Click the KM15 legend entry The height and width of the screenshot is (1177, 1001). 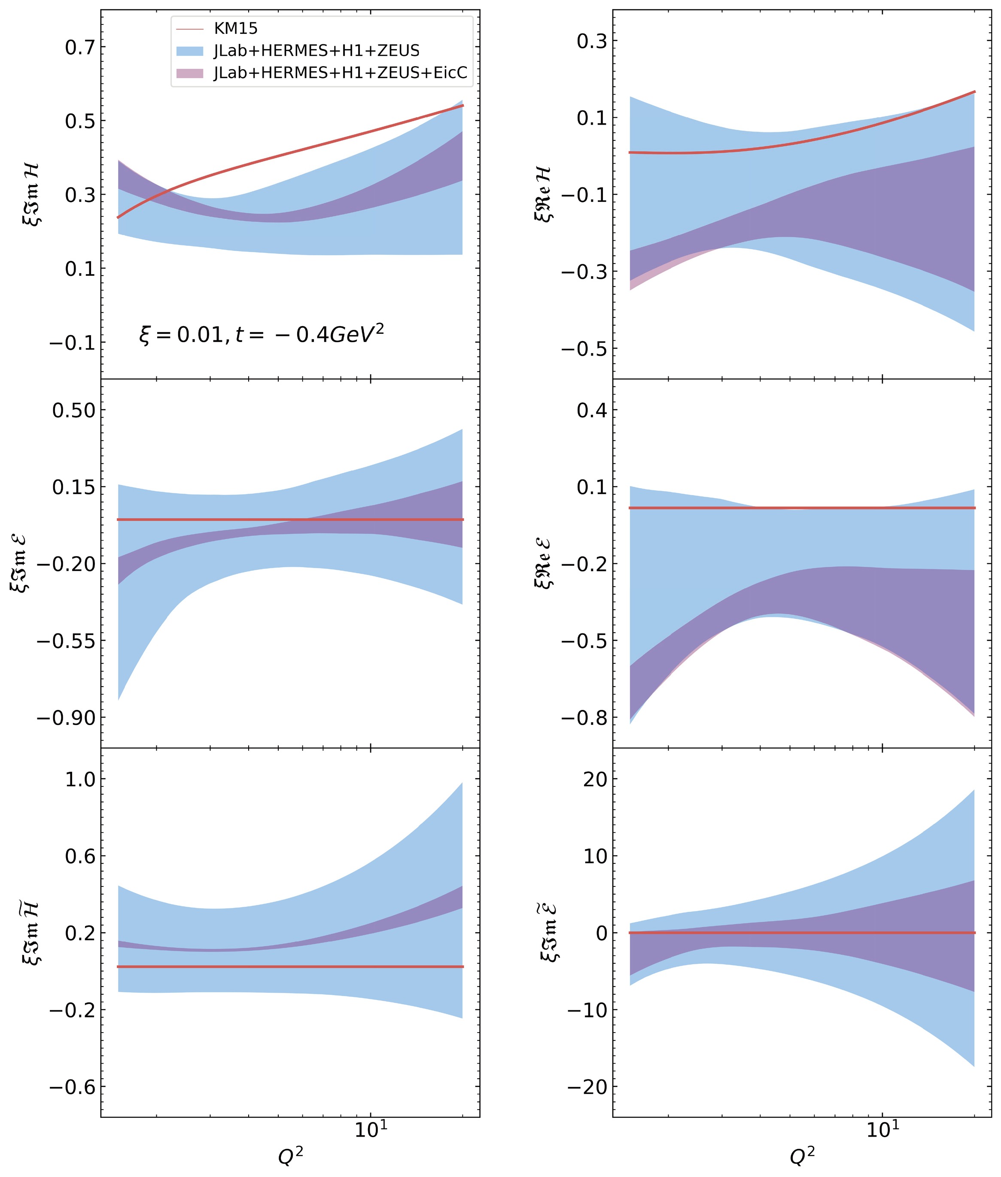235,28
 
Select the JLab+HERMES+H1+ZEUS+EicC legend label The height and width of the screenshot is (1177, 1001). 341,73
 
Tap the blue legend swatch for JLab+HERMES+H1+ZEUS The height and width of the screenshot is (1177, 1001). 189,51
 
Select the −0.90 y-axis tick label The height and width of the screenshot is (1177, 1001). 66,718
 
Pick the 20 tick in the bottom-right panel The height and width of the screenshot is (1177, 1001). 595,780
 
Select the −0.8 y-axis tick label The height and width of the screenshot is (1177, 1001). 584,718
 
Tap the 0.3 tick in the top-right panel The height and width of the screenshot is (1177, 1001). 592,41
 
